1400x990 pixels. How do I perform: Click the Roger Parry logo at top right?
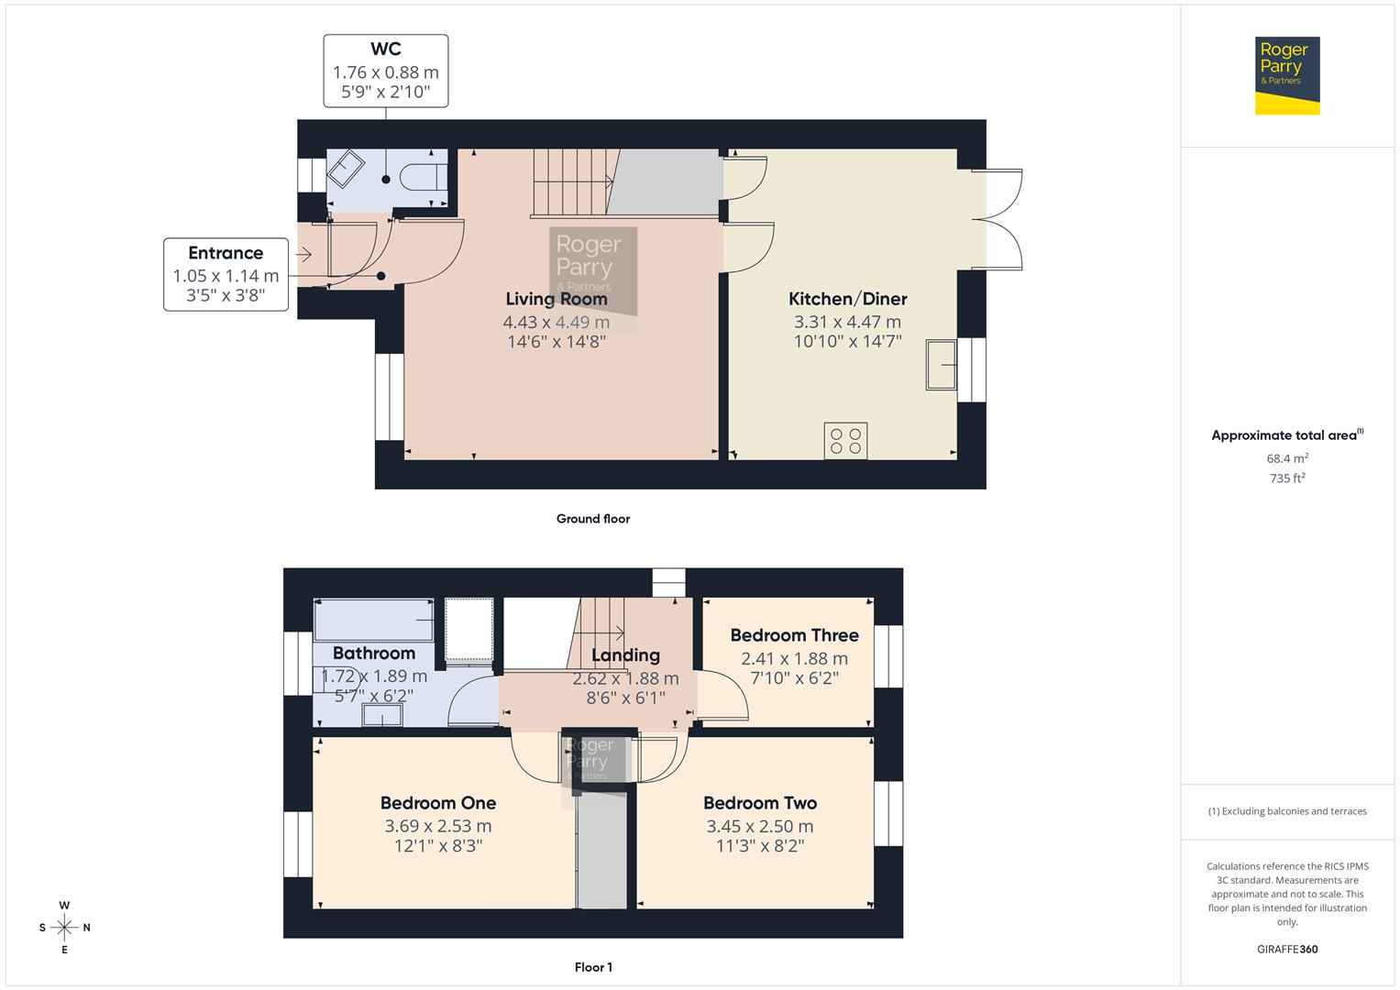[1286, 75]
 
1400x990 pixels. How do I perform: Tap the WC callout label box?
[385, 71]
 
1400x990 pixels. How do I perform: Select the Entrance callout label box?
[226, 273]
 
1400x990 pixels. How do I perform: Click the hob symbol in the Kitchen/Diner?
[845, 440]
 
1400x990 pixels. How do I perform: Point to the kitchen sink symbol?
[942, 365]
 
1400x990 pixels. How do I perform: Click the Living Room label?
[557, 299]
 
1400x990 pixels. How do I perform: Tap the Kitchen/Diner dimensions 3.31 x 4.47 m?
[847, 322]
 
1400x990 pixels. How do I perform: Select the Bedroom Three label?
[794, 635]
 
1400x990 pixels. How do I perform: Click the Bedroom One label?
[438, 803]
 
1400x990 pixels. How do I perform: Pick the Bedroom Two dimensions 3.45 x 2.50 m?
[759, 826]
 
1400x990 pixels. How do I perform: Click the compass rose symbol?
[64, 928]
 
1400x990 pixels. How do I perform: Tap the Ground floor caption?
[592, 519]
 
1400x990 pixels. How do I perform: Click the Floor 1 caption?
[593, 967]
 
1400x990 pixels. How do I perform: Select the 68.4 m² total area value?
[1287, 458]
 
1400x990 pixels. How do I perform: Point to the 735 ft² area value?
[1287, 478]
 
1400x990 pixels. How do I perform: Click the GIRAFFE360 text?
[1287, 949]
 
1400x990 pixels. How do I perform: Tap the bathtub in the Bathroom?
[373, 621]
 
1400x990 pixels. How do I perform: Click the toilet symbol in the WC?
[429, 176]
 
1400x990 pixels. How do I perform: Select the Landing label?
[625, 655]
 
